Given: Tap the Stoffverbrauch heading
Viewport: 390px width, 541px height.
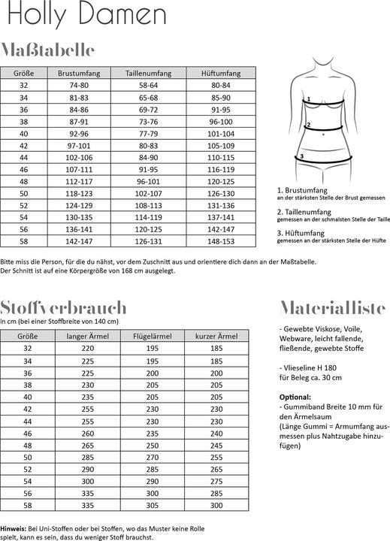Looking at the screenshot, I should pos(64,308).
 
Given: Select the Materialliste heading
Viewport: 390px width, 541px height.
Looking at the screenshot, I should pos(332,308).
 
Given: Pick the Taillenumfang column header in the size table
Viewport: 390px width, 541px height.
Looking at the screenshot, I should pos(148,74).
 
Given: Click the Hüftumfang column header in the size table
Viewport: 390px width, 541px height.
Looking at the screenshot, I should pos(221,74).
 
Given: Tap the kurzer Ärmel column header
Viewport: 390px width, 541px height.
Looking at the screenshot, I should pos(216,336).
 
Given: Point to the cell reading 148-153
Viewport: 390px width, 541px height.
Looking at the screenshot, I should pos(222,241).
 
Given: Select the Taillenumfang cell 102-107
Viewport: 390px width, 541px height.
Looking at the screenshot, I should pos(148,193).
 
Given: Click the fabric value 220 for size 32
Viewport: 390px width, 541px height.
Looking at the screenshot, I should pos(88,349).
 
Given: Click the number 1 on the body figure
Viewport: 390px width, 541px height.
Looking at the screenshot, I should pos(309,98).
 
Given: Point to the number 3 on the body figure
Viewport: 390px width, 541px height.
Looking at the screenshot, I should pos(301,156).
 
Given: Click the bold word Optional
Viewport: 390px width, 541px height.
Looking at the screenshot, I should pos(295,397).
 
